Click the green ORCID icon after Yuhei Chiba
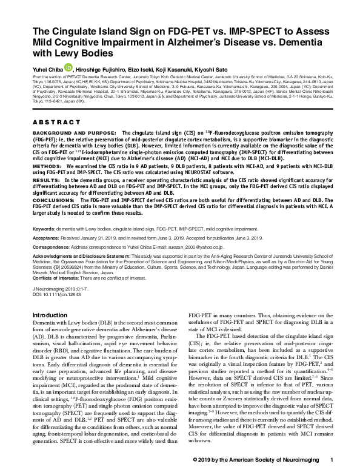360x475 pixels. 68,68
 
